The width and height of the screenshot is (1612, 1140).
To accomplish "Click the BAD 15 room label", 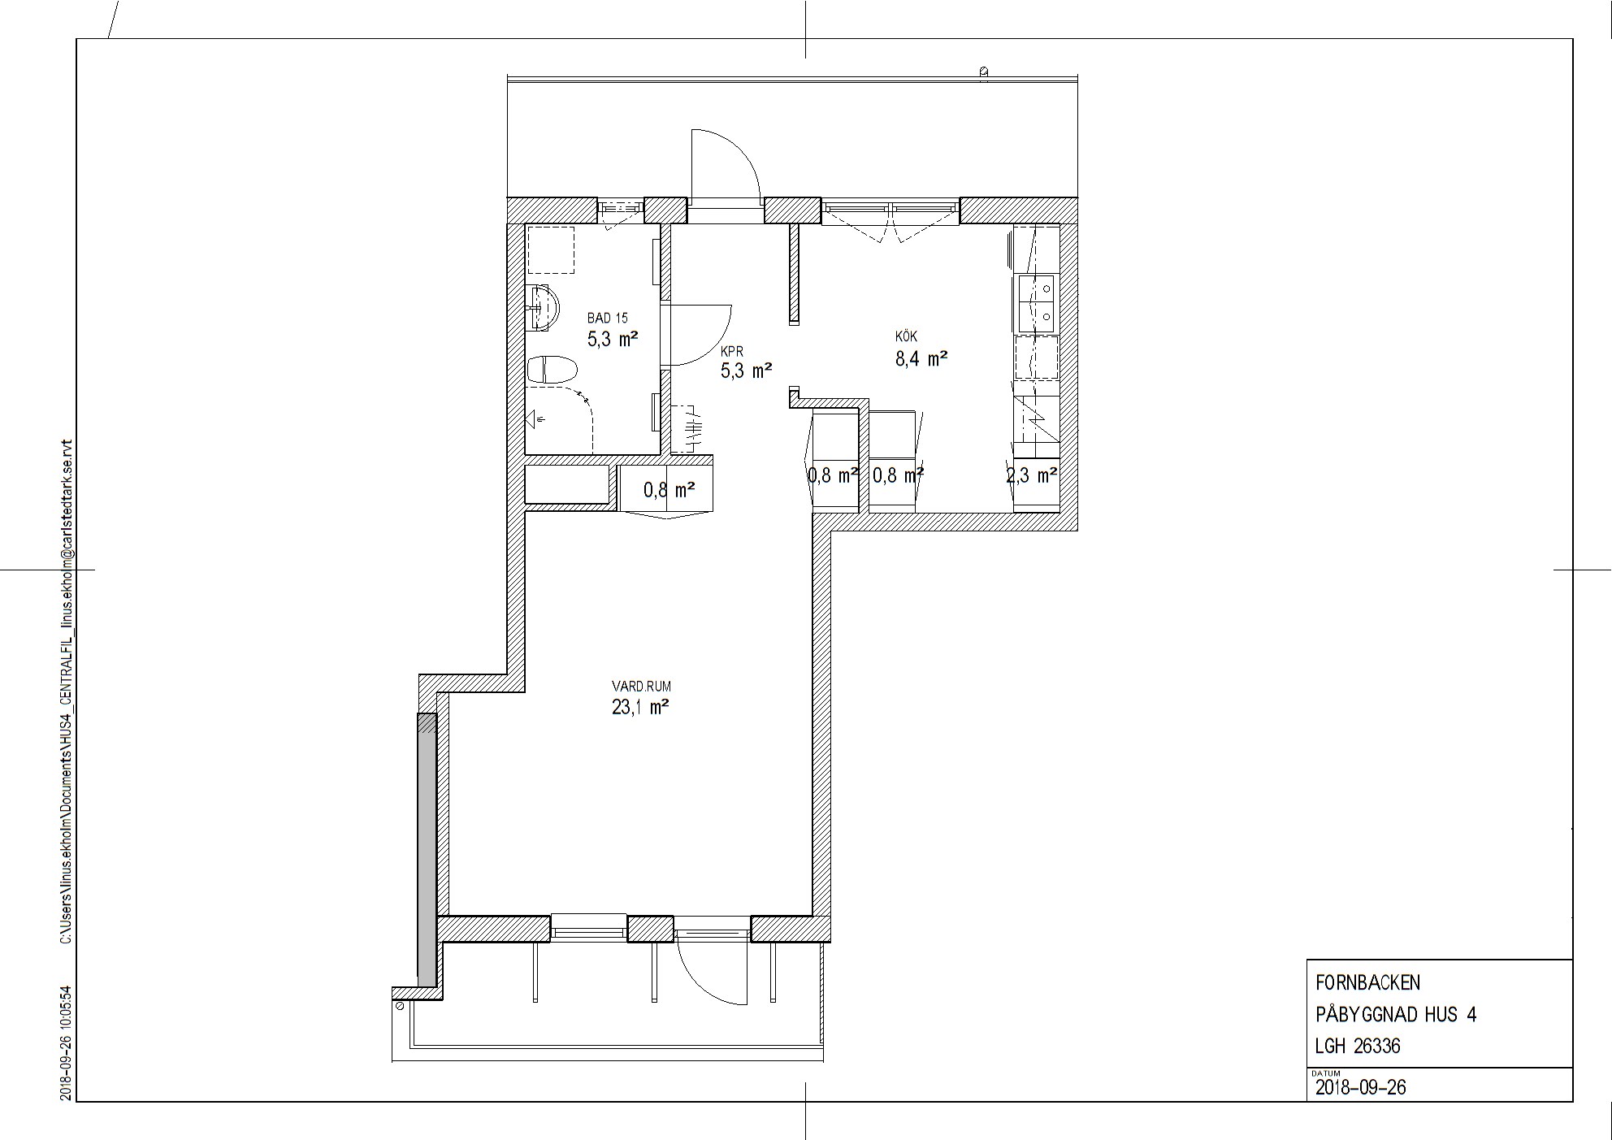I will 607,319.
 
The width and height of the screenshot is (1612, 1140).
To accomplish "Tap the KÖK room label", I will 906,336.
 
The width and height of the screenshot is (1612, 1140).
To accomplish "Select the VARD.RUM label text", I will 641,687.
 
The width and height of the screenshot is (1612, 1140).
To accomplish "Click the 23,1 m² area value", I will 639,708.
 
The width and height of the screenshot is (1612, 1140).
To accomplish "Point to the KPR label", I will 732,352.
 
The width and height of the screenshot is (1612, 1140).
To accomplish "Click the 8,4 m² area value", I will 921,358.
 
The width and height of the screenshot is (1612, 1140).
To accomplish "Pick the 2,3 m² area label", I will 1032,475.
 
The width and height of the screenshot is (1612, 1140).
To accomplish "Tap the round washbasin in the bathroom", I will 543,308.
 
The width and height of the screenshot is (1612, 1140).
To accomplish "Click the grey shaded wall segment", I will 426,845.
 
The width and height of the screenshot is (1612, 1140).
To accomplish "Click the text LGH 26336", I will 1357,1046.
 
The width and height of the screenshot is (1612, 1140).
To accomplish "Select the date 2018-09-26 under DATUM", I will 1360,1087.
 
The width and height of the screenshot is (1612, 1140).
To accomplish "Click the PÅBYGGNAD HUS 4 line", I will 1395,1014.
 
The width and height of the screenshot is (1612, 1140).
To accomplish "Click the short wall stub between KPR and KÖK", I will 794,274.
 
